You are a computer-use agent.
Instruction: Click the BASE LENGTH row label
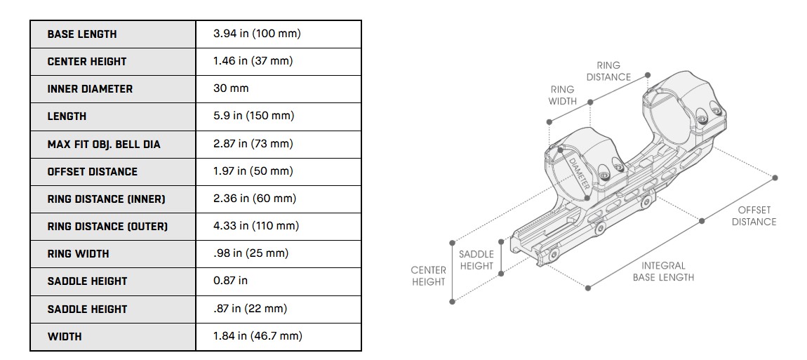tap(82, 34)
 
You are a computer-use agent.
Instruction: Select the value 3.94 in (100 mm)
tap(257, 34)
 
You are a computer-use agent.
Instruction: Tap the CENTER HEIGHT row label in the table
tap(87, 61)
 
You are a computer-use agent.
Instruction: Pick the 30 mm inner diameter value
tap(231, 88)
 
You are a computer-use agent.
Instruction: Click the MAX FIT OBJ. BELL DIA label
tap(104, 144)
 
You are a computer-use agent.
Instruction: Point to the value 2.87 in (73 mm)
tap(253, 143)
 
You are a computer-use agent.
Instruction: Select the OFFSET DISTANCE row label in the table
tap(93, 171)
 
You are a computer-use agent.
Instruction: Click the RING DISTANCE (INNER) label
tap(106, 199)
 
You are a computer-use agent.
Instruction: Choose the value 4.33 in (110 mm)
tap(256, 226)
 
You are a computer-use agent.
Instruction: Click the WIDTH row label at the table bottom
tap(65, 336)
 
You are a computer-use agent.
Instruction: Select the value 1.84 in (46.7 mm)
tap(258, 336)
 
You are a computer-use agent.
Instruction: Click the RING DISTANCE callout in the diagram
tap(608, 71)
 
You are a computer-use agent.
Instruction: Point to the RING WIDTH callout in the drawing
tap(562, 95)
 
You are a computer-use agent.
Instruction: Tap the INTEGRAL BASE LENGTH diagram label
tap(663, 272)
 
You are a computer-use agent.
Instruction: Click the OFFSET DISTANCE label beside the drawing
tap(754, 215)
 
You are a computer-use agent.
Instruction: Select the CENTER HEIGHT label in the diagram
tap(428, 276)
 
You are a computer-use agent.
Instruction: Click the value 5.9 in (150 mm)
tap(253, 116)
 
